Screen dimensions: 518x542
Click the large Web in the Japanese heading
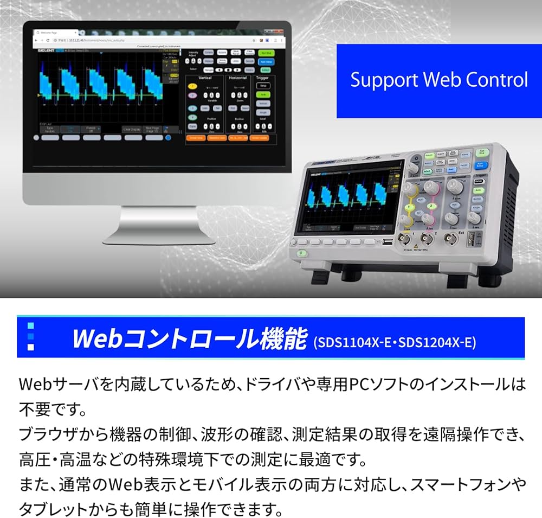(98, 338)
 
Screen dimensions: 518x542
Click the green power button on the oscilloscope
(300, 253)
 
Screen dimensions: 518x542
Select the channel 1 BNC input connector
(404, 238)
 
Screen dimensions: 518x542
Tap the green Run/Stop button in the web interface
(266, 53)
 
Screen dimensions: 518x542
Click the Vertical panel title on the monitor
(205, 78)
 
